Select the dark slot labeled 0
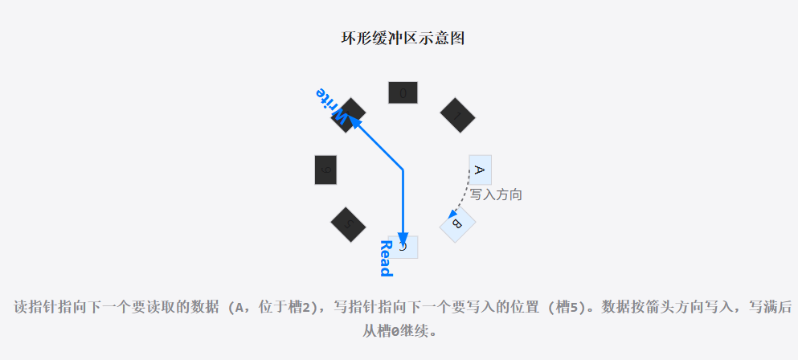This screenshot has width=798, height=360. [x=403, y=92]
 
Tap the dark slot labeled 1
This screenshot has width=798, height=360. [x=457, y=115]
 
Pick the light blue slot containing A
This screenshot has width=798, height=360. [x=480, y=170]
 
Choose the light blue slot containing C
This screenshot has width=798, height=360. [x=404, y=247]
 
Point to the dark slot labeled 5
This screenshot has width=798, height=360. [x=348, y=223]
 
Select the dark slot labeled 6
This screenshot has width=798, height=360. [x=325, y=170]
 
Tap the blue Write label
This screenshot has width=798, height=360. [x=332, y=106]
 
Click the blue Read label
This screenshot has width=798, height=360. [x=385, y=258]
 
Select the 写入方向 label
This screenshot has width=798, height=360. [x=497, y=194]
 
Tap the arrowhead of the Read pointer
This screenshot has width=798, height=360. [x=403, y=239]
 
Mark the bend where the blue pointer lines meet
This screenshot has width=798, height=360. [x=403, y=170]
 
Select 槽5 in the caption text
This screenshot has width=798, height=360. [x=561, y=307]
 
